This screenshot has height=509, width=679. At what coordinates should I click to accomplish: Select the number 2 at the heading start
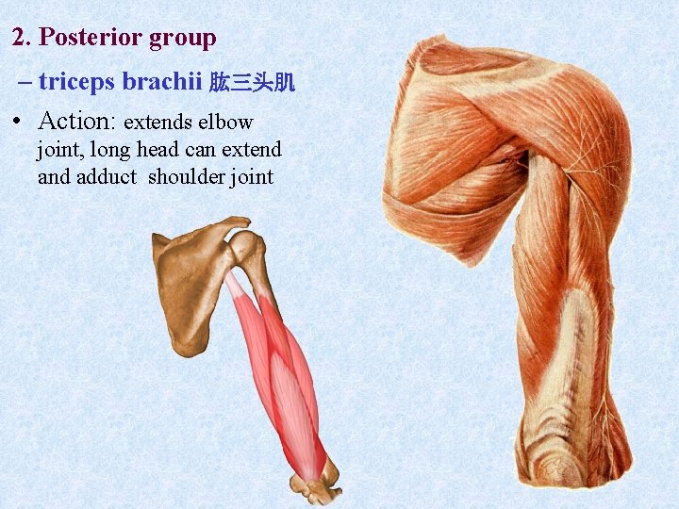coord(19,39)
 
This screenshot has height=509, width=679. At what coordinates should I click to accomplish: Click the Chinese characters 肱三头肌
coord(252,83)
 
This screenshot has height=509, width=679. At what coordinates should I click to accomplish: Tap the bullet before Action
coord(19,123)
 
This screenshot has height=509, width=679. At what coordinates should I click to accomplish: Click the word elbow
coord(225,123)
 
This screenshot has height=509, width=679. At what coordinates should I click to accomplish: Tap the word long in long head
coord(110,150)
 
